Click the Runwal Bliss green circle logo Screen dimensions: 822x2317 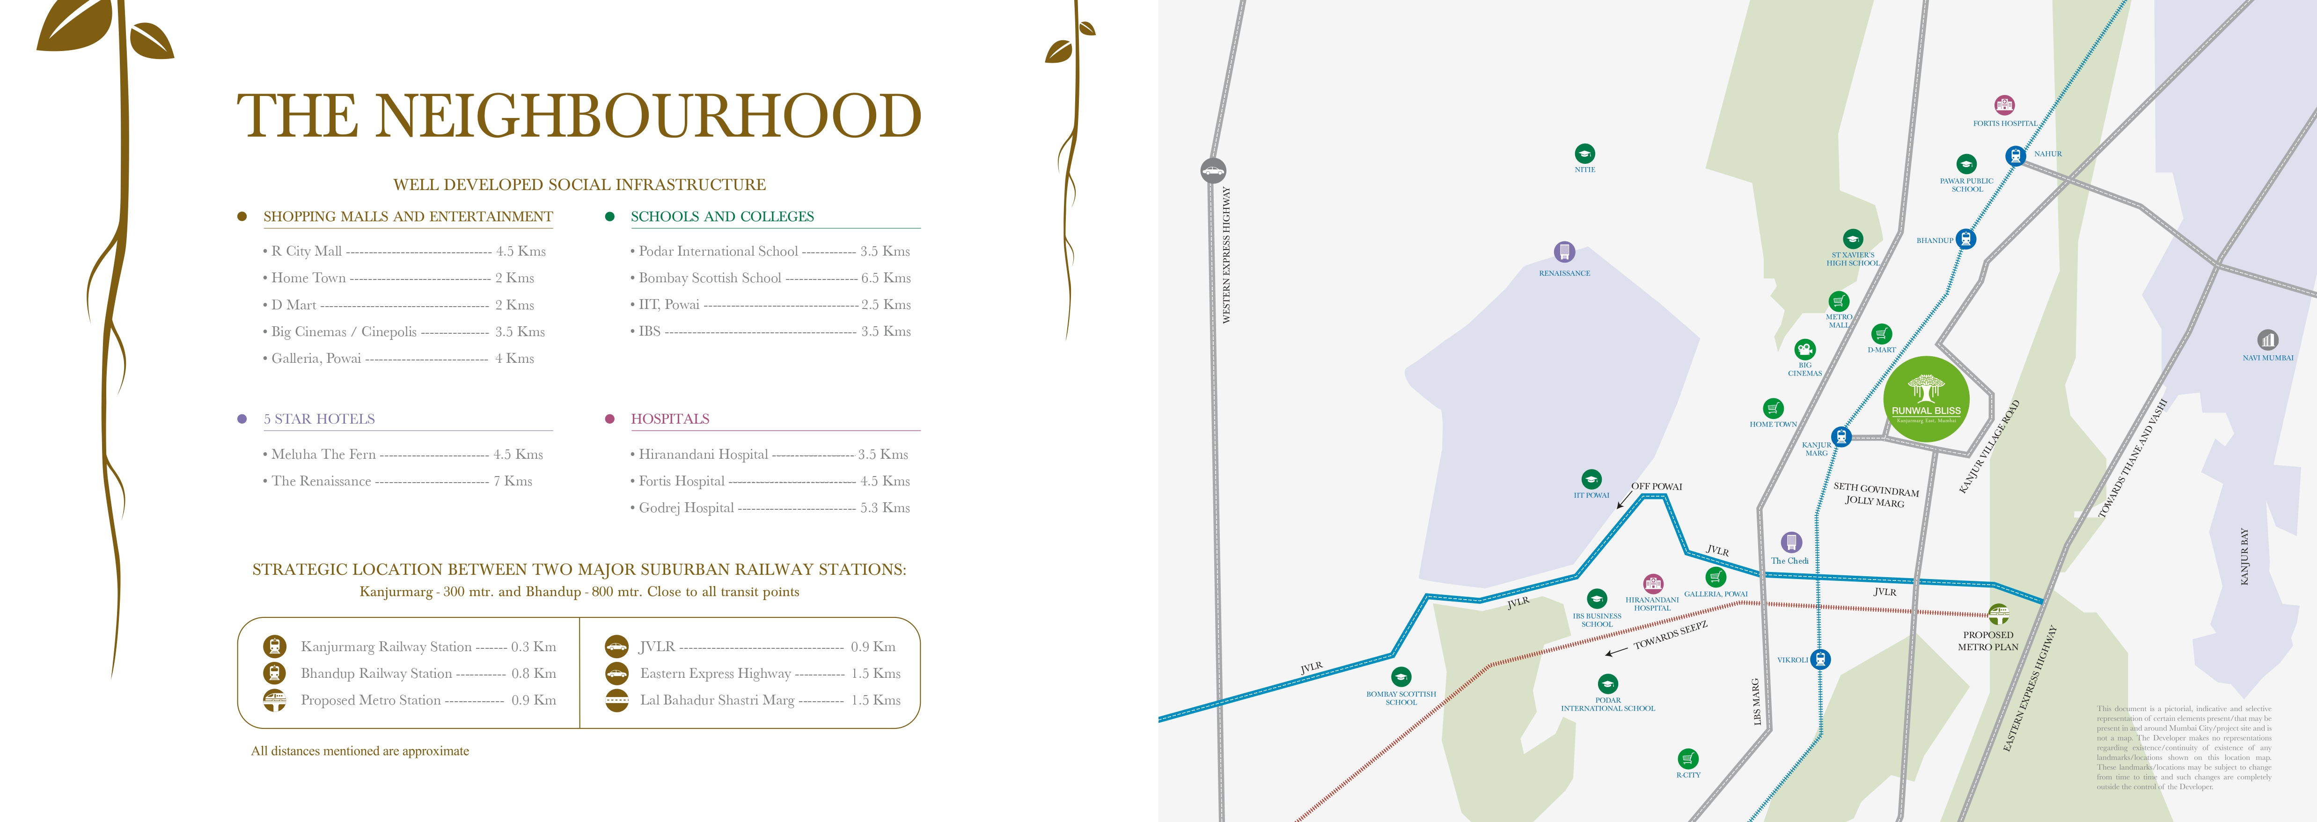pyautogui.click(x=1926, y=398)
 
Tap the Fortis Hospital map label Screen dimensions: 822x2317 pyautogui.click(x=2005, y=123)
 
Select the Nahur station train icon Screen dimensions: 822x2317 pyautogui.click(x=2015, y=155)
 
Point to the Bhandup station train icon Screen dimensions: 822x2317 pyautogui.click(x=1966, y=239)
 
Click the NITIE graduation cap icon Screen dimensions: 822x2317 pyautogui.click(x=1585, y=154)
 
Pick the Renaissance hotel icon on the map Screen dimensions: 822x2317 pyautogui.click(x=1564, y=252)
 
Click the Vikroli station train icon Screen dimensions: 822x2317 pyautogui.click(x=1820, y=659)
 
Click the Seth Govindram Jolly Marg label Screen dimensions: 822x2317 pyautogui.click(x=1876, y=495)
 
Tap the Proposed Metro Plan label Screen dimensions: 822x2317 pyautogui.click(x=1988, y=640)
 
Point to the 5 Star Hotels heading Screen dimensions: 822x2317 pyautogui.click(x=319, y=419)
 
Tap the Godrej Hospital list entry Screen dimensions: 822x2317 pyautogui.click(x=686, y=508)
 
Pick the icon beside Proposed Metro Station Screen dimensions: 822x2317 pyautogui.click(x=274, y=700)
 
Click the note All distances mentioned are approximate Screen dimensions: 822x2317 pyautogui.click(x=360, y=751)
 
